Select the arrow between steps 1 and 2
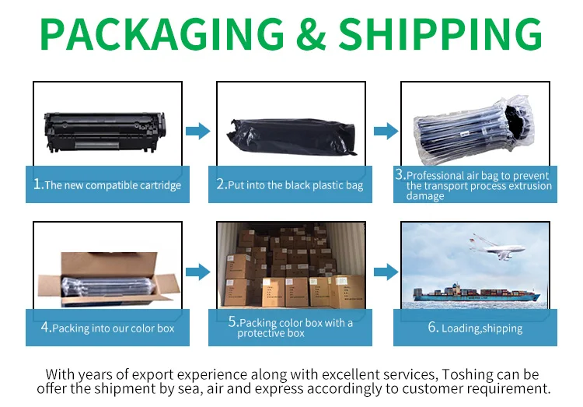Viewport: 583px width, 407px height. point(198,132)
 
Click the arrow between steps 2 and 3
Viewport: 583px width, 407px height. point(386,132)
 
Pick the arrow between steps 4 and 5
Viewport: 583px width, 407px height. point(198,272)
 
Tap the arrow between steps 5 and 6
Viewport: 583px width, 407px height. point(386,272)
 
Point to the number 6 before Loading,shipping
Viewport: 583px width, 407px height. point(433,328)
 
